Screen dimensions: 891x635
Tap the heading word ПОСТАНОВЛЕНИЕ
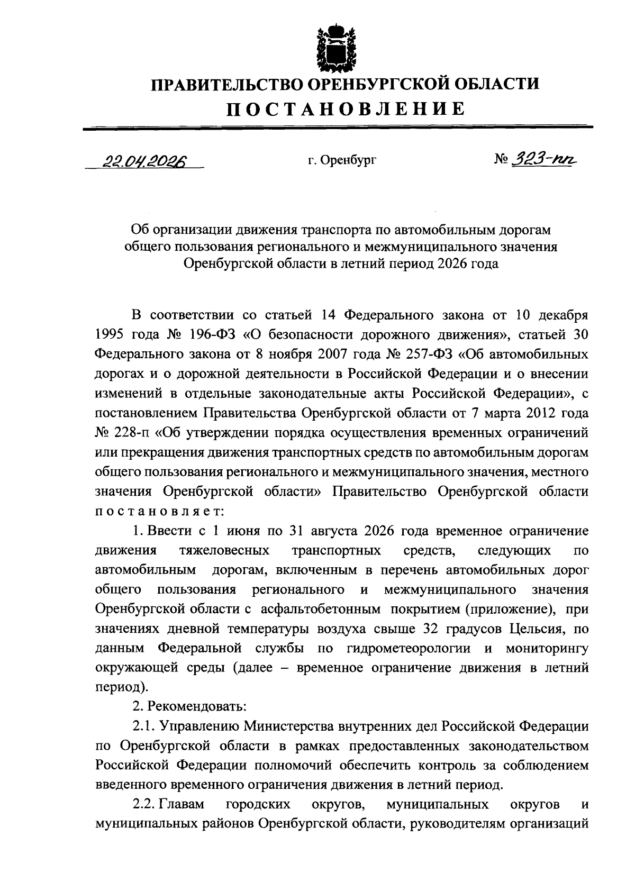(346, 109)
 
